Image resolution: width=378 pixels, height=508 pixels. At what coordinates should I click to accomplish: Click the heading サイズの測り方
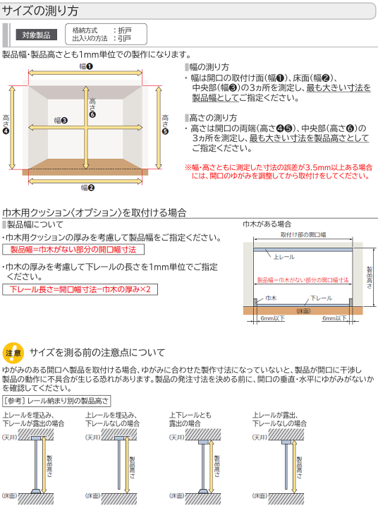click(x=41, y=11)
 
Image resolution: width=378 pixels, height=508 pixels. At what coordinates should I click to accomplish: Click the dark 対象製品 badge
click(x=36, y=35)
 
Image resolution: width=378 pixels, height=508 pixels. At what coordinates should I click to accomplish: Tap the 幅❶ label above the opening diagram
click(x=85, y=66)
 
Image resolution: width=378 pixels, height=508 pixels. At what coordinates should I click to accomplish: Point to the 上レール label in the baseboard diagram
click(x=283, y=257)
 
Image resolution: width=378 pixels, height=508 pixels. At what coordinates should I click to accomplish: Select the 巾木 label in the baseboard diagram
click(x=271, y=299)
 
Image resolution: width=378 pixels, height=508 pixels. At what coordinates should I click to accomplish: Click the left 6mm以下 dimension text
click(x=272, y=318)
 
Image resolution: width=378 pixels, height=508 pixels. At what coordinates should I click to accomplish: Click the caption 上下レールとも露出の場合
click(x=190, y=419)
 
